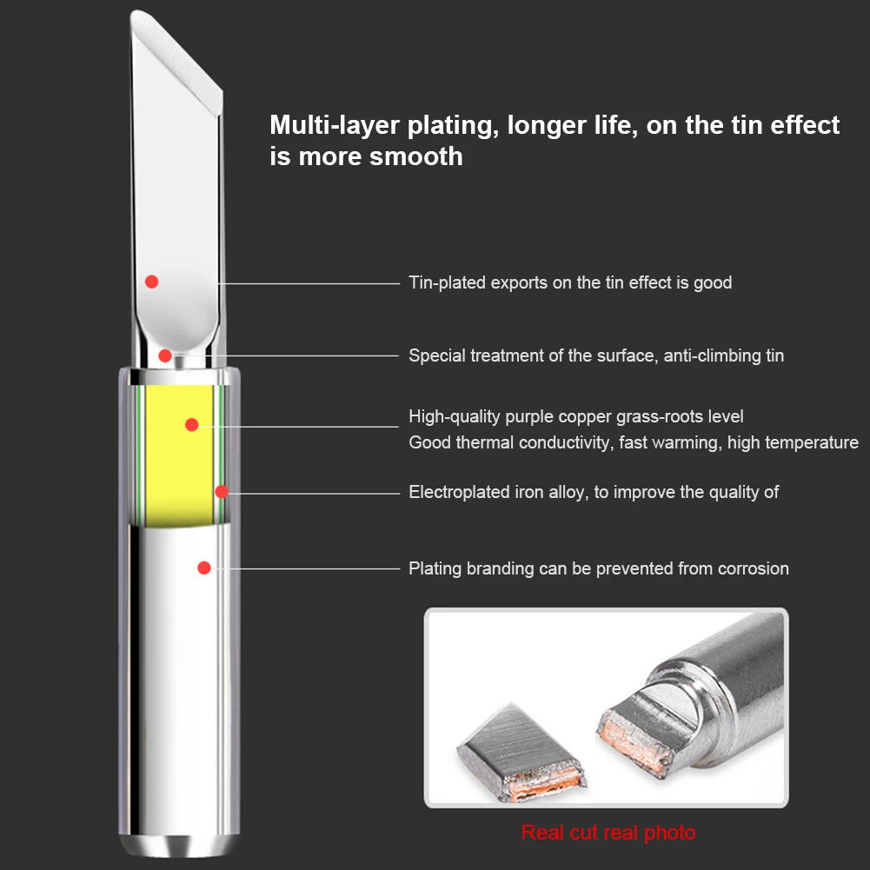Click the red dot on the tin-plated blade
[151, 282]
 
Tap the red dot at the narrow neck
[165, 355]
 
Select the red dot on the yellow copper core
[192, 424]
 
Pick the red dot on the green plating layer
[222, 492]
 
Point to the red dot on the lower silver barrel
[204, 568]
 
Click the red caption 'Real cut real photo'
[608, 833]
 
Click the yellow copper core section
[179, 455]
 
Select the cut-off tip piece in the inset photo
[521, 754]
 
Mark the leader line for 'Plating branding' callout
[307, 568]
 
